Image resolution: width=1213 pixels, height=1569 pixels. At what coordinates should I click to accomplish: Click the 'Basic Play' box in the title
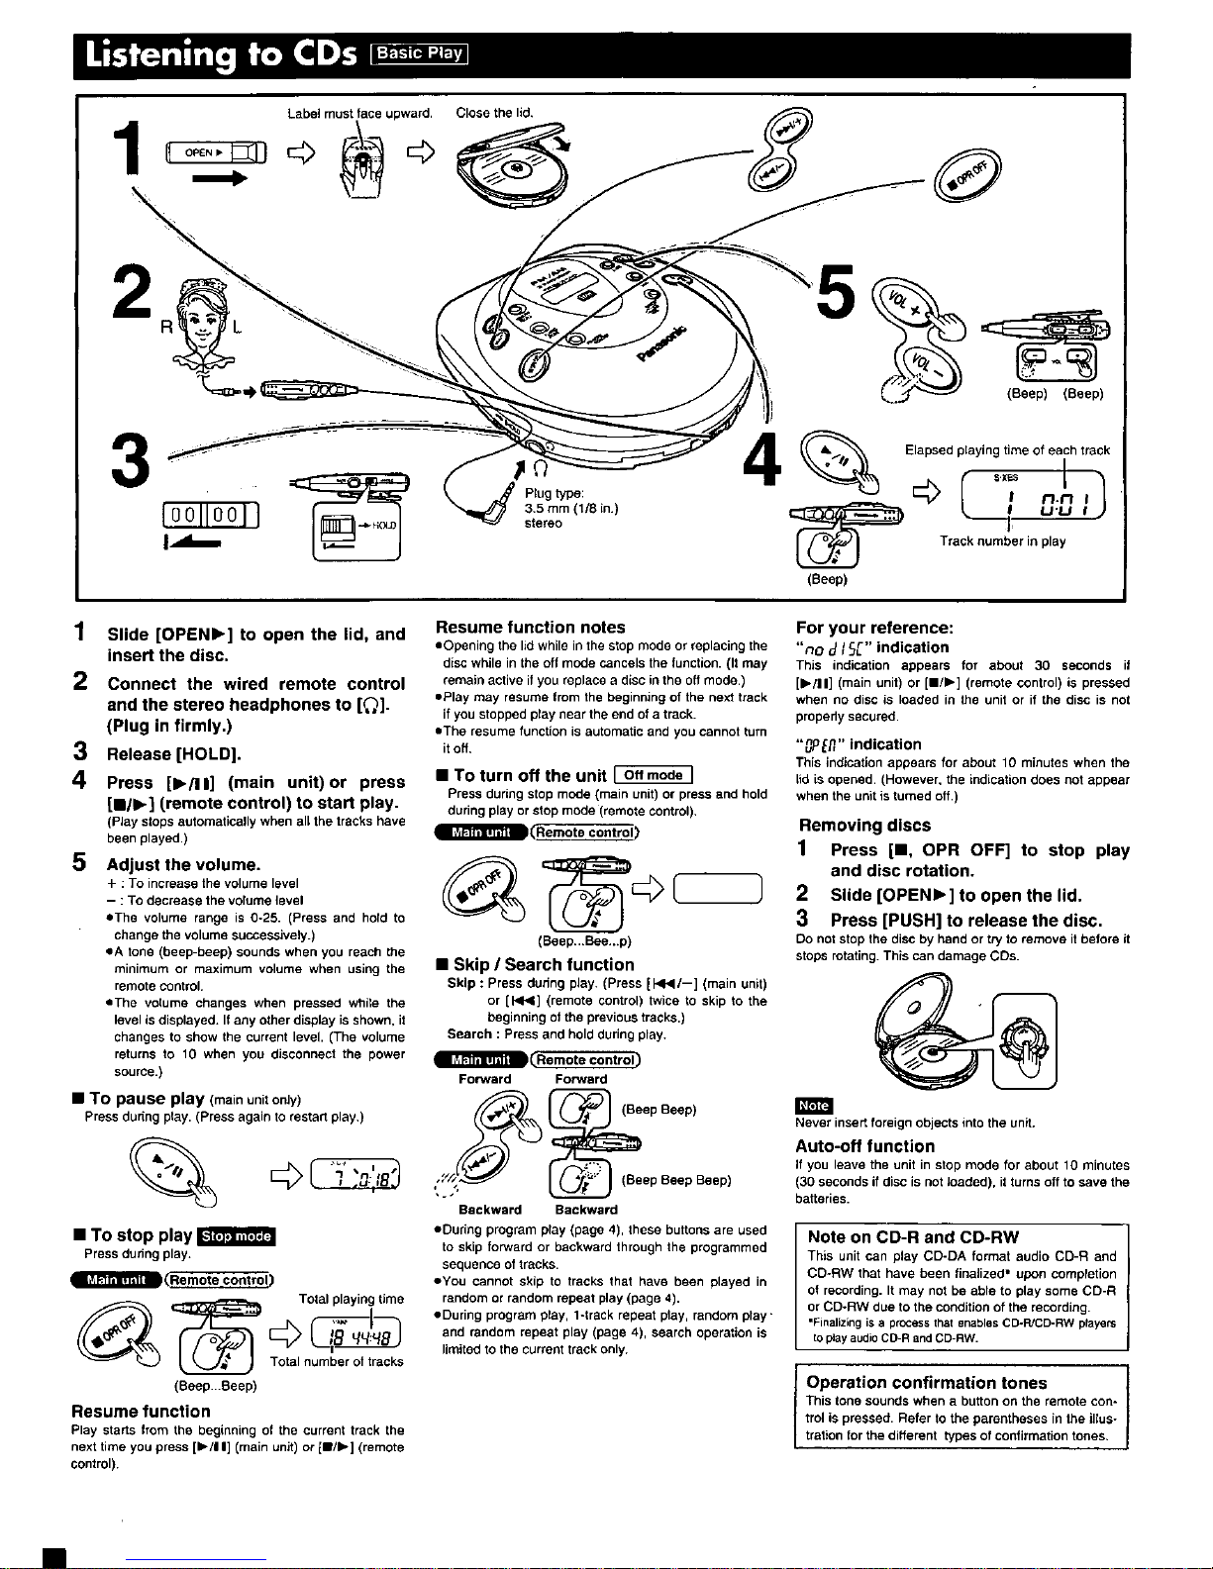coord(419,53)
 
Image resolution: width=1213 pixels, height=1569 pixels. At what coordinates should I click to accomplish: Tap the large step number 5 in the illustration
coord(836,291)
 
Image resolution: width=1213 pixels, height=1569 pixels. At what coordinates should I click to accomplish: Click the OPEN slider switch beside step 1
coord(216,152)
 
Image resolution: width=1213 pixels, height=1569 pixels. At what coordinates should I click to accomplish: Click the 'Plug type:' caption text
coord(554,493)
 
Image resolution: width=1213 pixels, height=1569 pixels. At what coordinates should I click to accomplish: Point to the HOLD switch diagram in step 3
coord(355,532)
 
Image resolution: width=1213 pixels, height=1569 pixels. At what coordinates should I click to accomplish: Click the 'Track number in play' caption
coord(1002,540)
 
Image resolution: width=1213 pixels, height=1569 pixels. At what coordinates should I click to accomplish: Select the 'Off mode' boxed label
coord(653,775)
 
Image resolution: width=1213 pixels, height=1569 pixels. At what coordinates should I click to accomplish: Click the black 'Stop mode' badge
coord(237,1236)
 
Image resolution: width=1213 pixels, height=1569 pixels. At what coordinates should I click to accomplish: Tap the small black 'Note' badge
coord(814,1106)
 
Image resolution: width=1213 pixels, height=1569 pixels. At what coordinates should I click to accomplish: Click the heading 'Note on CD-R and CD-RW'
coord(913,1236)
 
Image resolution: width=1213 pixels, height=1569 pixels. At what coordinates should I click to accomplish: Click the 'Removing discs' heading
coord(864,825)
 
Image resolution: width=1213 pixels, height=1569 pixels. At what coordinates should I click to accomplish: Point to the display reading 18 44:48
coord(355,1333)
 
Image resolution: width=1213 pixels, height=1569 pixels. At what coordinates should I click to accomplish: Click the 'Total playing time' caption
coord(351,1299)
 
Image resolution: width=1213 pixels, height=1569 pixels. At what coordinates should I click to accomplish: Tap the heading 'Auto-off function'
coord(865,1146)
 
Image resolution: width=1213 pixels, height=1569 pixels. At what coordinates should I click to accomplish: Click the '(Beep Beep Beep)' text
coord(675,1180)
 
